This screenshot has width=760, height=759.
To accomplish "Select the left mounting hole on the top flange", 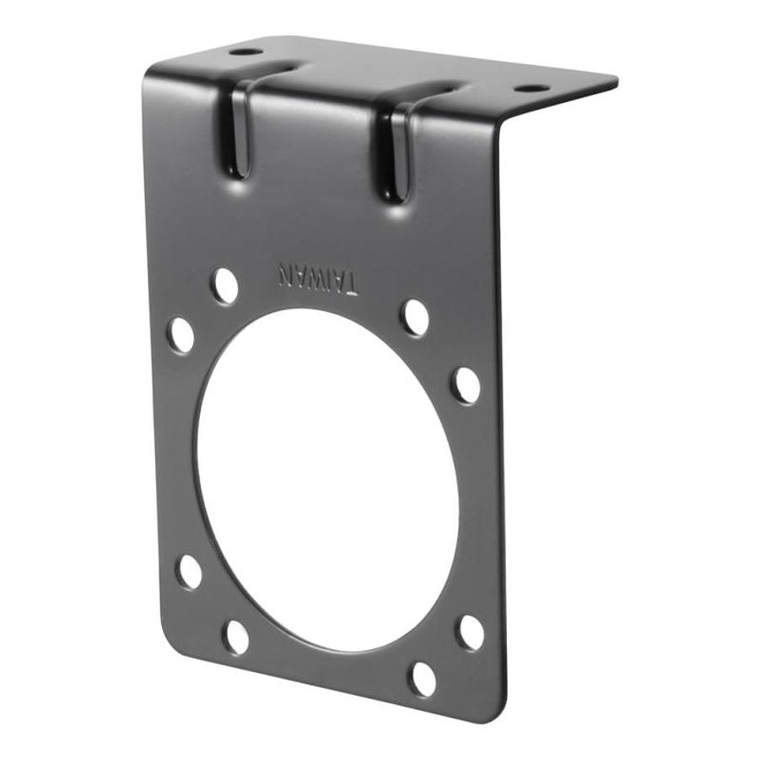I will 245,51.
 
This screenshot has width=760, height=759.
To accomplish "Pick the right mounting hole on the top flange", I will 531,88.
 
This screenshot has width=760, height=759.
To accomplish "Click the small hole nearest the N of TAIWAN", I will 224,286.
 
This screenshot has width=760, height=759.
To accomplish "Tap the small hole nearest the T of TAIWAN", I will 414,317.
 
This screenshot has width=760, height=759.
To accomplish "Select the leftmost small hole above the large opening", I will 181,335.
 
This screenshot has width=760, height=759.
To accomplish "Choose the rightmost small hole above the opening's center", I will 466,385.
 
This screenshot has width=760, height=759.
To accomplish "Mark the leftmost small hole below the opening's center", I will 189,572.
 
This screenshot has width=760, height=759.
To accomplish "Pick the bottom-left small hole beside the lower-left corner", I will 236,637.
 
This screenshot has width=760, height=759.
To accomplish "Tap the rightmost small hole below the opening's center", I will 470,632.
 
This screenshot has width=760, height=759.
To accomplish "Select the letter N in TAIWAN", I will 286,273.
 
